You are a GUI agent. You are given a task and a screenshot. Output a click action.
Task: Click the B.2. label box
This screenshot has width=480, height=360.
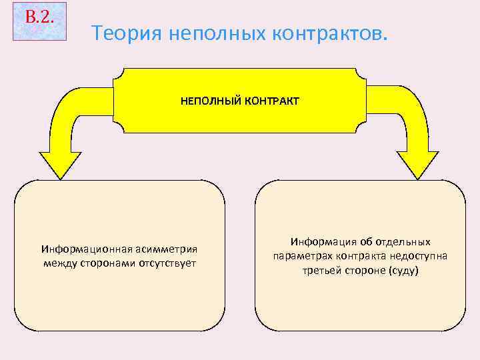(x=40, y=21)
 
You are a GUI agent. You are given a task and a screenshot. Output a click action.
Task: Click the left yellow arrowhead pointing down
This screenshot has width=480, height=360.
(x=60, y=164)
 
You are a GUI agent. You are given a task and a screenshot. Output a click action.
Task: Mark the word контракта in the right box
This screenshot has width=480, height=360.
(x=361, y=256)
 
